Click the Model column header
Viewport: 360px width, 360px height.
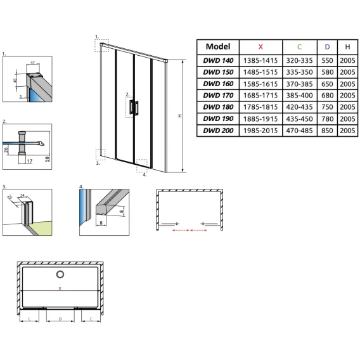218,47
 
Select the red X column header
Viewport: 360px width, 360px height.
260,47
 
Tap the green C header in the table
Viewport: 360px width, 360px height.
299,47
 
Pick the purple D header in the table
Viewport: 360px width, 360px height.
327,47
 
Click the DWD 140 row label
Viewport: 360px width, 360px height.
218,60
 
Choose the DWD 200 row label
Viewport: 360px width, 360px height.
218,131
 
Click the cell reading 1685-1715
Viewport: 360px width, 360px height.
260,95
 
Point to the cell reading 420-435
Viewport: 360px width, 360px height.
299,107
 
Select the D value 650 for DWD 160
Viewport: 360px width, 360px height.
327,84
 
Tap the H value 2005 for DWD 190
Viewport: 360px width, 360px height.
347,119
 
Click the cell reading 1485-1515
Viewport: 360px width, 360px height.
260,72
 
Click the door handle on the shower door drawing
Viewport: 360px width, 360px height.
134,107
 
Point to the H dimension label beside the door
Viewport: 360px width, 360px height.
180,116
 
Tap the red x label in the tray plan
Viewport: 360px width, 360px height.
60,288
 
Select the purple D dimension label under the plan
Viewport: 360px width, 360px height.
60,319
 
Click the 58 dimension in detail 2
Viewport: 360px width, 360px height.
48,158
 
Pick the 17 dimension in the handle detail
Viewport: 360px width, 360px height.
29,161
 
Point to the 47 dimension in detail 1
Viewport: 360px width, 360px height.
32,63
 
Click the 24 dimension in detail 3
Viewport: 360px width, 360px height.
22,195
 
